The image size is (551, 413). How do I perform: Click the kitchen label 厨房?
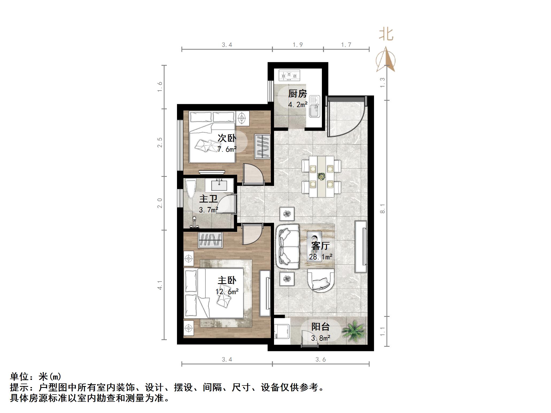point(297,94)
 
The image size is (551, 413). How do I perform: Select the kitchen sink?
point(314,107)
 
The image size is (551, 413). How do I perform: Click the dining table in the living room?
point(321,177)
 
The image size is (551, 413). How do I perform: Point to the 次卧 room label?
point(227,138)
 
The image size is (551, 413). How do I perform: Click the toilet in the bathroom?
point(191,189)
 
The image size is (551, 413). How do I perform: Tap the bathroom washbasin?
point(219,185)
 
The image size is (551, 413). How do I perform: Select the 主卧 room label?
point(227,280)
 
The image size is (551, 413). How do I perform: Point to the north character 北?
point(386,35)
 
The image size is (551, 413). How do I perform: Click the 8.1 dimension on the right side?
point(383,208)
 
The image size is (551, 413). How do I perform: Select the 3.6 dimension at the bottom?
point(321,360)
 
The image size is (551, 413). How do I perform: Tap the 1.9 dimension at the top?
point(298,45)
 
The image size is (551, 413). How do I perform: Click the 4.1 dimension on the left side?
point(160,285)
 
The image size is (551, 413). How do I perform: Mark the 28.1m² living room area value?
point(321,257)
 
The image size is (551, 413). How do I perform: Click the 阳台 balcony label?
point(320,326)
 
